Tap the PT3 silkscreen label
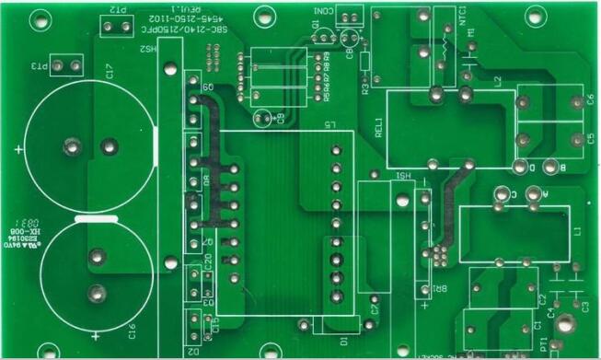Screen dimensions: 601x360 click(40, 67)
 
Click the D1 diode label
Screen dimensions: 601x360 click(344, 341)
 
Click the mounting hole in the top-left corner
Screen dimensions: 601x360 click(40, 17)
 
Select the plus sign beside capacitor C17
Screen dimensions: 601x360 click(19, 147)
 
